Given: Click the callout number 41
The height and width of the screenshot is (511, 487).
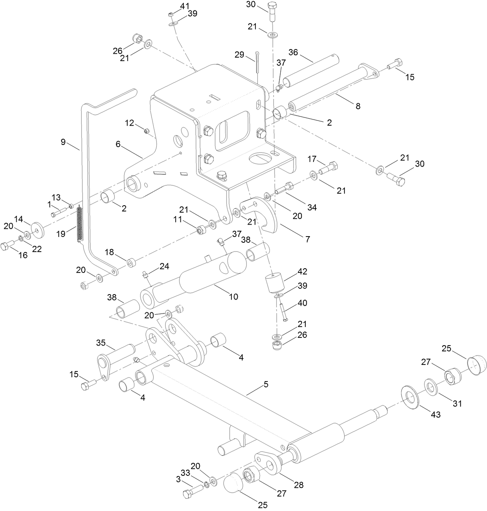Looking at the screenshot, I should [x=184, y=6].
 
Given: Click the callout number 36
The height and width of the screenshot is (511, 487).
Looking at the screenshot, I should [x=293, y=52].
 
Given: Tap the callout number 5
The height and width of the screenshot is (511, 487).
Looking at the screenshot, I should [x=266, y=384].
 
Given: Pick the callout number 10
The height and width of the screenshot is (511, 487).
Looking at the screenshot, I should [x=233, y=297].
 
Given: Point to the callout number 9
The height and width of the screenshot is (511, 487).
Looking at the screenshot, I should [x=63, y=142].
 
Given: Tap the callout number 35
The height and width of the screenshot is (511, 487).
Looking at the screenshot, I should [x=101, y=343].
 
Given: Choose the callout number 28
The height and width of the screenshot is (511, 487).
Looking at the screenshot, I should [x=298, y=485].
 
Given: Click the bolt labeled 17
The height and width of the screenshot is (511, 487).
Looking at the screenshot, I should [x=329, y=167].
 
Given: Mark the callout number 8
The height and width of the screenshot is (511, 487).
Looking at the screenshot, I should [x=358, y=106].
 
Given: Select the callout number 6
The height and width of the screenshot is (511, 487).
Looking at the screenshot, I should [x=118, y=144].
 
